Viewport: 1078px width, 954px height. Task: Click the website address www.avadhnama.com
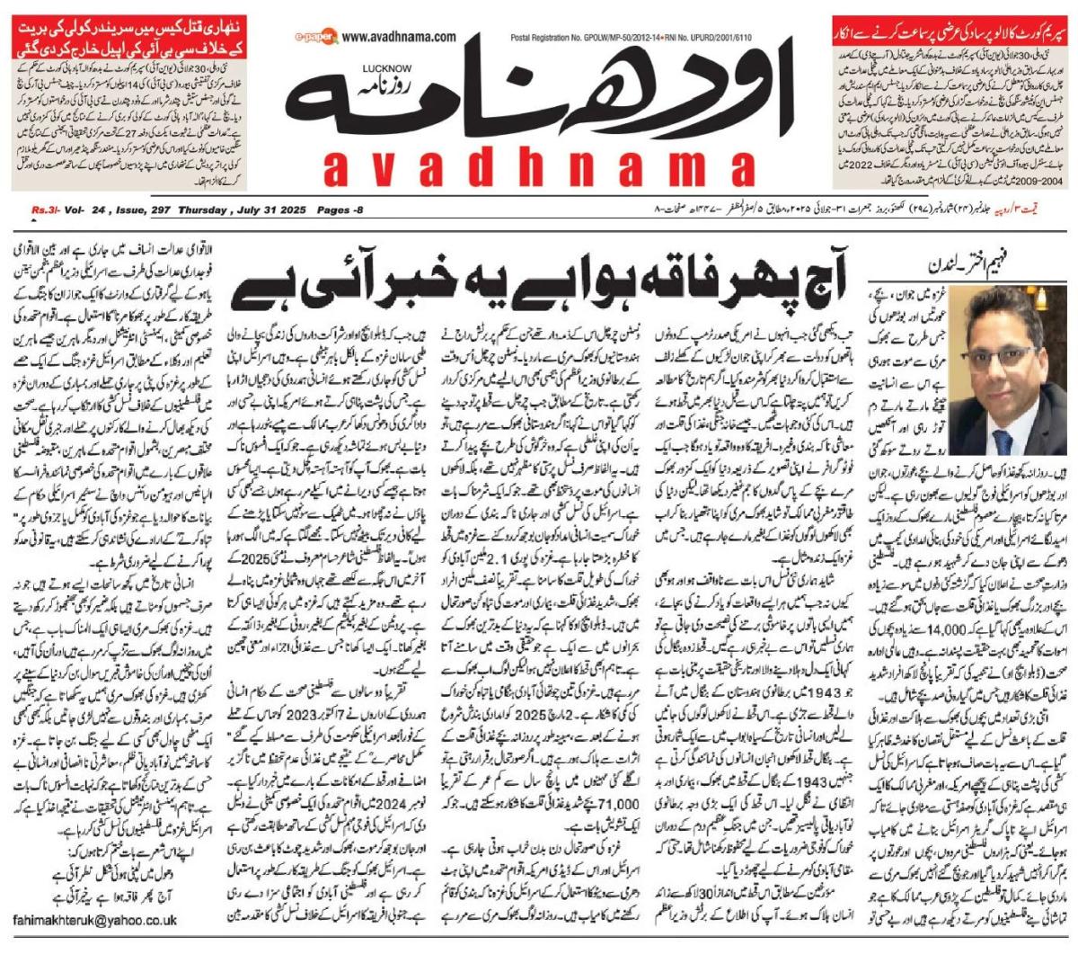click(x=400, y=37)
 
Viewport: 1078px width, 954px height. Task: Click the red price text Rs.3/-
click(x=44, y=210)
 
